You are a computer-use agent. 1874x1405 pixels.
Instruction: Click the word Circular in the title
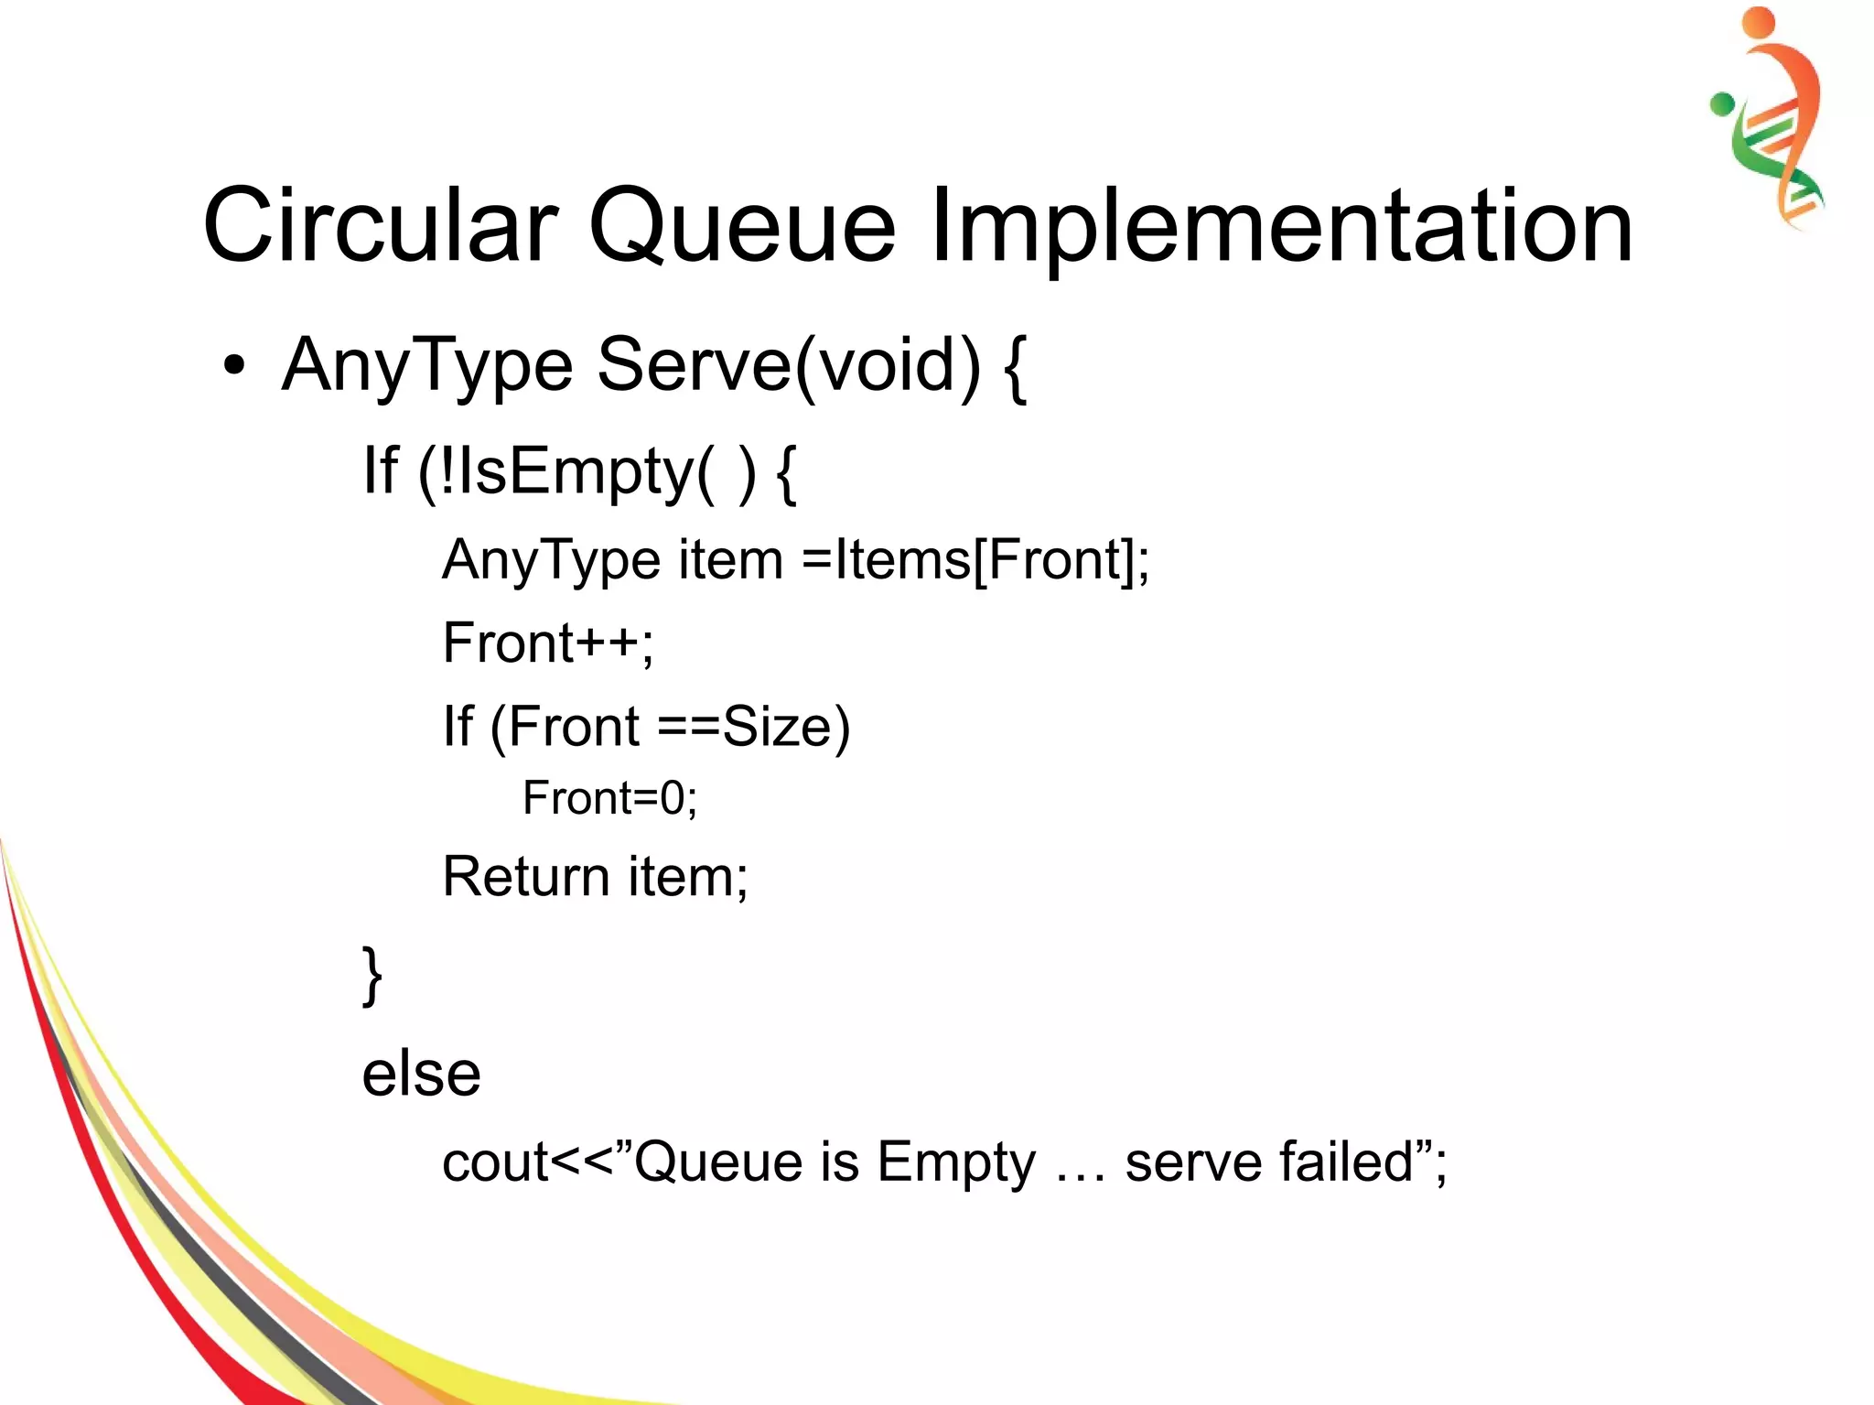[380, 225]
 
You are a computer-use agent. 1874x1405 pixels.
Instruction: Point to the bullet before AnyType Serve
[234, 366]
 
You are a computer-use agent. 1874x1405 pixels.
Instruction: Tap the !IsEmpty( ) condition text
[586, 470]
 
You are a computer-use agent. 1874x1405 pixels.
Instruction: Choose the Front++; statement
[548, 643]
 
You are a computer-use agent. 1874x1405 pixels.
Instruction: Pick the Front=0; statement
[609, 798]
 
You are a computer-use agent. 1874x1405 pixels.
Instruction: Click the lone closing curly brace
[372, 976]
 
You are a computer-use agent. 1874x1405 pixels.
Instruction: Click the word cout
[495, 1162]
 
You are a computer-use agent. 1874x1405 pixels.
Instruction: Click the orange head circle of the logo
[1758, 22]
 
